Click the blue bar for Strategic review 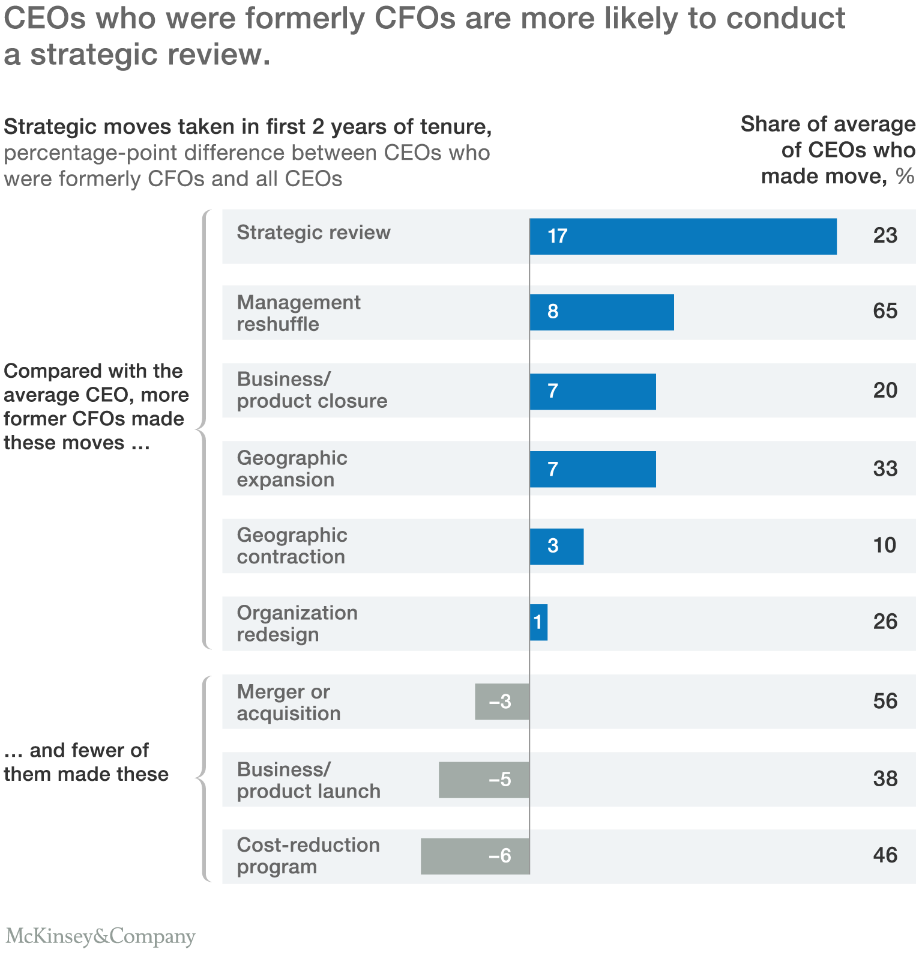[x=683, y=236]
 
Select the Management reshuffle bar [x=601, y=312]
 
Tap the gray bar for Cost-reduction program [x=475, y=856]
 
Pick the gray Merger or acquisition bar [x=502, y=702]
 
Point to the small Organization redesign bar [x=538, y=622]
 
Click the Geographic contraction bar [x=556, y=547]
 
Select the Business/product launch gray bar [x=484, y=780]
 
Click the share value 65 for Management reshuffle [x=885, y=311]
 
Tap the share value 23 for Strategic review [x=885, y=235]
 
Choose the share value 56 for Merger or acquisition [x=885, y=702]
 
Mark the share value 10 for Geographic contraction [x=884, y=545]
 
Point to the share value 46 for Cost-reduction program [x=885, y=855]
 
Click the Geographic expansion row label [x=292, y=468]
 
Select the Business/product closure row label [x=312, y=390]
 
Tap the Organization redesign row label [x=297, y=623]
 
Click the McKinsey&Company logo [x=100, y=936]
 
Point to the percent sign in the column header [x=905, y=177]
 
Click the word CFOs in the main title [x=415, y=18]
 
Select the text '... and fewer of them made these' [x=86, y=762]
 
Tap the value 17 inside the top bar [x=557, y=236]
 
